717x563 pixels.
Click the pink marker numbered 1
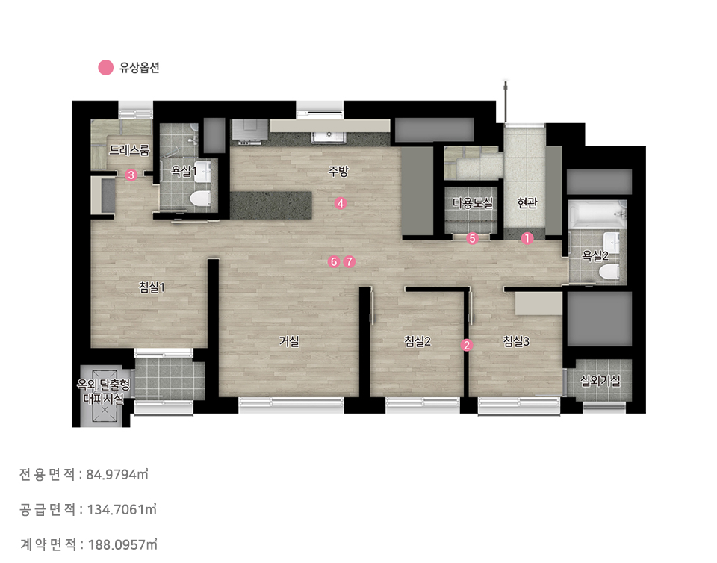tap(527, 238)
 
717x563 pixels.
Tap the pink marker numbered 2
tap(466, 345)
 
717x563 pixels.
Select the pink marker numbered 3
tap(131, 175)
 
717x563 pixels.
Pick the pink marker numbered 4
tap(341, 203)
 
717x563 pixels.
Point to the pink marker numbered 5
tap(472, 238)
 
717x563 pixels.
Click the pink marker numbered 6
tap(335, 261)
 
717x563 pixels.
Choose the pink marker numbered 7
tap(350, 261)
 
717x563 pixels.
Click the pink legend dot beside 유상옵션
tap(105, 68)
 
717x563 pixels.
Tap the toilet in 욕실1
tap(200, 199)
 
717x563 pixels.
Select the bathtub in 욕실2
tap(597, 214)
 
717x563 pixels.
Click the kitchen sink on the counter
tap(329, 137)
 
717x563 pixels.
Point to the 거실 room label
tap(290, 341)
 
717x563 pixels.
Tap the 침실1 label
tap(152, 287)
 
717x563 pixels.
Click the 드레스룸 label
tap(129, 150)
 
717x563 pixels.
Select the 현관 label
tap(527, 202)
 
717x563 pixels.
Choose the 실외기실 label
tap(600, 380)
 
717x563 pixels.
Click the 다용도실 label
tap(473, 202)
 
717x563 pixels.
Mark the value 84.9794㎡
tap(117, 474)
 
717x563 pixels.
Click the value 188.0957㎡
tap(122, 544)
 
